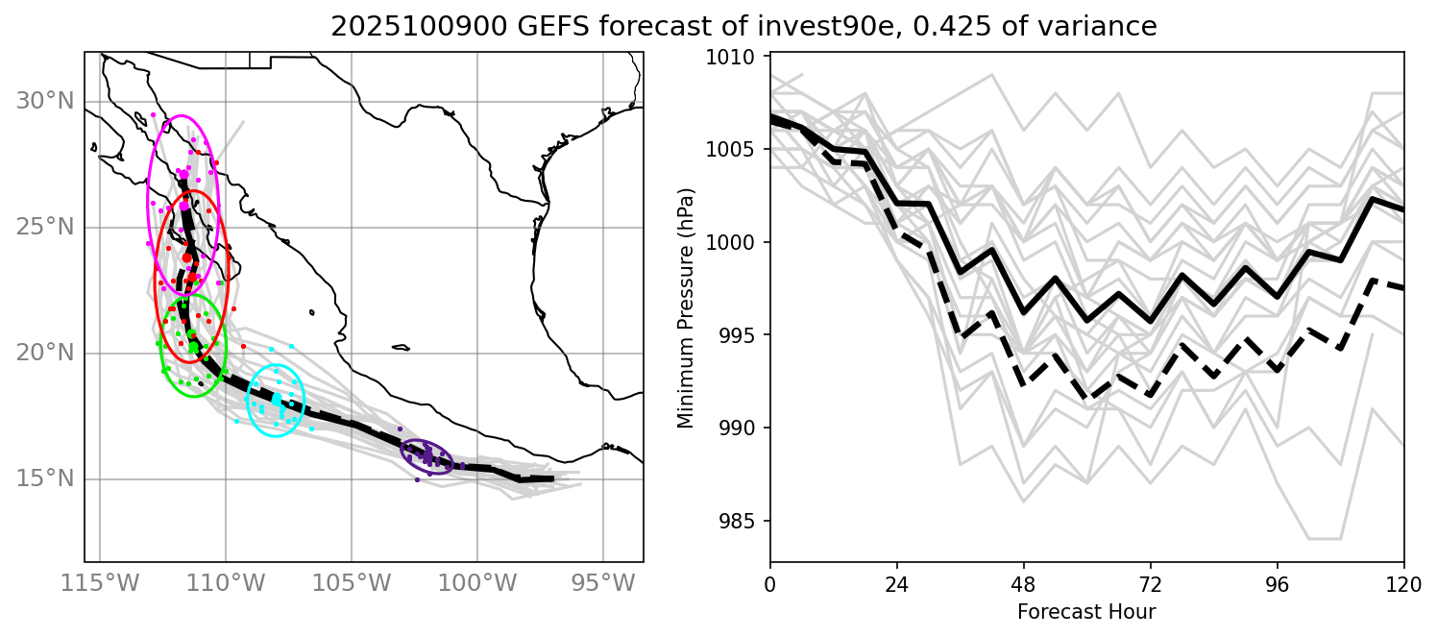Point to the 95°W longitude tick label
pos(603,583)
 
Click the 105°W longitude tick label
pos(352,583)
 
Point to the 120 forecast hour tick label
pos(1403,585)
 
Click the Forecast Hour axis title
pos(1086,611)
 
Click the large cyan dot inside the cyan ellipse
pos(277,398)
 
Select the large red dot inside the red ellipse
pos(187,257)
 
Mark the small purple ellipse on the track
pos(426,457)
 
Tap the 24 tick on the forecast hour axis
pos(896,585)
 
